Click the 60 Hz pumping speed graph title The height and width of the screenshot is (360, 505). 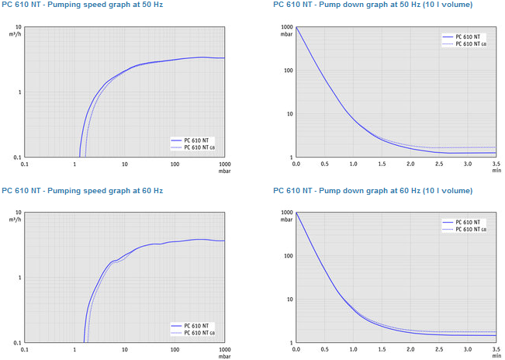[x=81, y=190]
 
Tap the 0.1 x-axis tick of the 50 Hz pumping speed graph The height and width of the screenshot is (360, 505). [x=25, y=164]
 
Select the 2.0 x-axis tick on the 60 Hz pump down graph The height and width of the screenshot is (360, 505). [x=410, y=349]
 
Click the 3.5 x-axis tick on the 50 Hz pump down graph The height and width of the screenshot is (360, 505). [x=496, y=164]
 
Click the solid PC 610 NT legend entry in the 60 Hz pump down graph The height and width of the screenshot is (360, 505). [x=471, y=222]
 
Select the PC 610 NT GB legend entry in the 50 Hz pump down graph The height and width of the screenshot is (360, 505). [x=471, y=43]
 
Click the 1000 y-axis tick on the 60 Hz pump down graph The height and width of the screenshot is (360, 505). [x=286, y=213]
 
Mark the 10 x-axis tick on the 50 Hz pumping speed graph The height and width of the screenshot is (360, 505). [x=125, y=164]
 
